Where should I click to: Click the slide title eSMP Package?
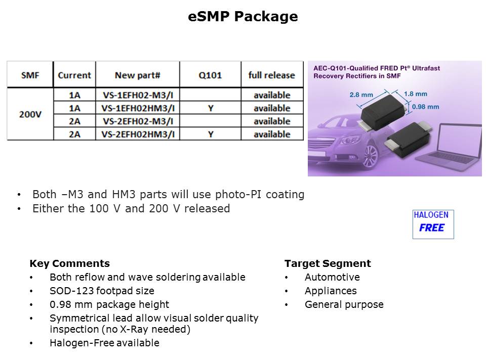click(242, 16)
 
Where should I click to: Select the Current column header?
click(74, 75)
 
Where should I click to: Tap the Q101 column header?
click(210, 75)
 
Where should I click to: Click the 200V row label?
click(30, 115)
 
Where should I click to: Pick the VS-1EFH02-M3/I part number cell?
click(138, 95)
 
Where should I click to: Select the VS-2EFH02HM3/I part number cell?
click(138, 134)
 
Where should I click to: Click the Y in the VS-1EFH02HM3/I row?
click(211, 108)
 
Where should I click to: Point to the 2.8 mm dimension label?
click(361, 95)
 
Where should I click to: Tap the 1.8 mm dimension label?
click(415, 94)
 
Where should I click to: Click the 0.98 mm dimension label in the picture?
click(425, 107)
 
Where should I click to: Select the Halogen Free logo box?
click(433, 224)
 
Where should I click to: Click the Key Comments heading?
click(70, 263)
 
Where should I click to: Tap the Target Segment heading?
click(328, 263)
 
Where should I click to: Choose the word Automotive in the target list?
click(332, 277)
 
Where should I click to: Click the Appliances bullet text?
click(331, 291)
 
